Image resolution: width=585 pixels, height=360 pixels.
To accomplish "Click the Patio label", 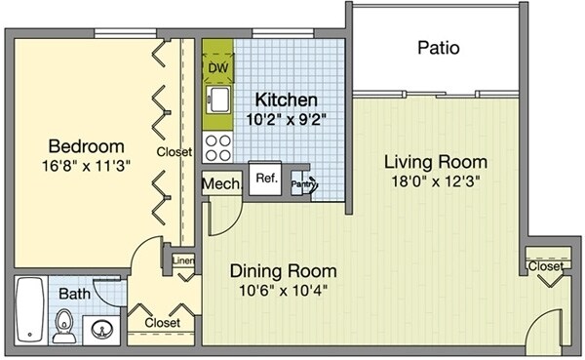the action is [x=439, y=48].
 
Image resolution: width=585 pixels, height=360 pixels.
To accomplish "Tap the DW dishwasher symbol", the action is [x=218, y=68].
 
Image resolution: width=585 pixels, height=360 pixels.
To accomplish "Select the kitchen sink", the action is [x=218, y=100].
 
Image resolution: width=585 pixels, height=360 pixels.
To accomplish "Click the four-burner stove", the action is [x=217, y=147].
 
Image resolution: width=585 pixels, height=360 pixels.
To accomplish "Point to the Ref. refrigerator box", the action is [x=265, y=179].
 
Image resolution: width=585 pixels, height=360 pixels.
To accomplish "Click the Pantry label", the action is [x=302, y=183].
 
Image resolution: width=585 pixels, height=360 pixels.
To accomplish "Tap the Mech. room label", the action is [x=221, y=183].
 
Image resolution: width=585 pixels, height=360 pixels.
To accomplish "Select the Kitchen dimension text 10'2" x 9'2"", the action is [x=286, y=119].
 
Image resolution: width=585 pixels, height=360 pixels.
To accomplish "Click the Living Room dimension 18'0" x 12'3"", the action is [x=435, y=181].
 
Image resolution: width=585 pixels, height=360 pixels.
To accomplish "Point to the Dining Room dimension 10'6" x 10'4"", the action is [x=283, y=290].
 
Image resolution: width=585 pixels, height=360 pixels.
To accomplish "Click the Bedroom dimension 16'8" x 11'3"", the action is [x=86, y=166].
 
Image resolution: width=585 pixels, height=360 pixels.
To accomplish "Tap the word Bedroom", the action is [x=86, y=146].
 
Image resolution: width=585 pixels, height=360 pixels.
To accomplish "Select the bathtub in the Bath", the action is [x=30, y=309].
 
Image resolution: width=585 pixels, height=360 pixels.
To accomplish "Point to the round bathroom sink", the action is [x=101, y=330].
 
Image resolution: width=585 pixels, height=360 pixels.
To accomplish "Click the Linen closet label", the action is [x=183, y=261].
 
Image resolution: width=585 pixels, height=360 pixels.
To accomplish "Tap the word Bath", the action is [x=75, y=294].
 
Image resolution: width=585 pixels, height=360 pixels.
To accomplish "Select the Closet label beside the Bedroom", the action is [x=175, y=151].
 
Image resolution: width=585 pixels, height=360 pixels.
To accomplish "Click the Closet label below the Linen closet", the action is [x=162, y=322].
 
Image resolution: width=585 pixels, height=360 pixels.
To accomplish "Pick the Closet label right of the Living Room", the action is [x=545, y=266].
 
